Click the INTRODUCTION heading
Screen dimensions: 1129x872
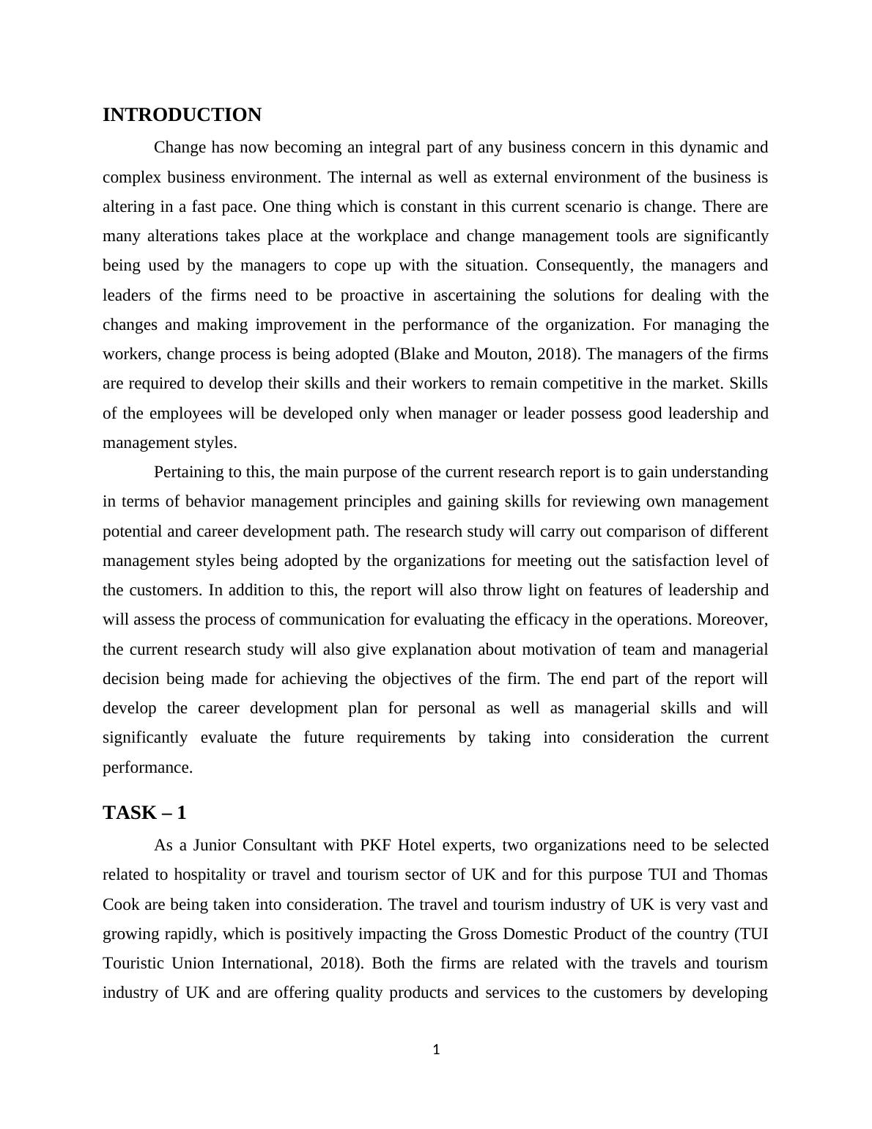[x=182, y=115]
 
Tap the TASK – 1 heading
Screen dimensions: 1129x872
[x=144, y=813]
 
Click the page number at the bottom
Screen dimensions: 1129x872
[x=436, y=1050]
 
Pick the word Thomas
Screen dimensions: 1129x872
[x=740, y=875]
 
